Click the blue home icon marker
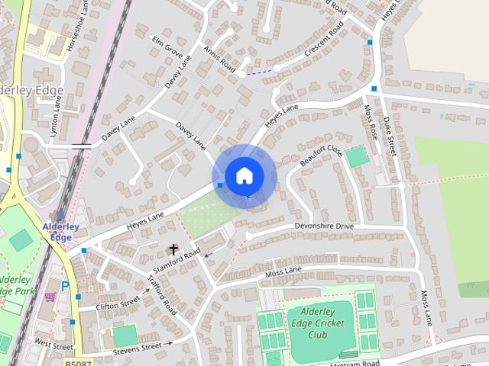tap(244, 176)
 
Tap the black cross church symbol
tap(173, 249)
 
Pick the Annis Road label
tap(219, 59)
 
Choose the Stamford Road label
tap(176, 262)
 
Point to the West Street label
tap(53, 345)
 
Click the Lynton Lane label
tap(56, 118)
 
